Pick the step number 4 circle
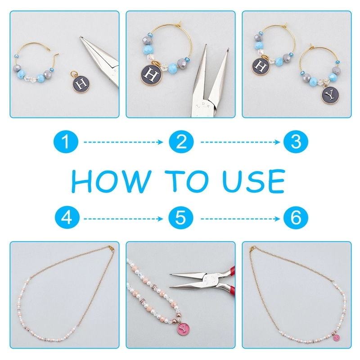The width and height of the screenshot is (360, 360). click(67, 217)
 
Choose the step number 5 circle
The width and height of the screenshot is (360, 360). click(181, 217)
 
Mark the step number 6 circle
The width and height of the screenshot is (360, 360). click(296, 217)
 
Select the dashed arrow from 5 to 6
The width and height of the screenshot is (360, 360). click(240, 219)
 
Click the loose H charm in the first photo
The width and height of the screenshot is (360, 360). click(81, 83)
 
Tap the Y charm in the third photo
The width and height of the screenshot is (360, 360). click(330, 94)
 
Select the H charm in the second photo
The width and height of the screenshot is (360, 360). click(151, 75)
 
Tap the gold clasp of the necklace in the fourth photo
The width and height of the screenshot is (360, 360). click(111, 248)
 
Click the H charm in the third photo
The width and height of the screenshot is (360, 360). click(261, 66)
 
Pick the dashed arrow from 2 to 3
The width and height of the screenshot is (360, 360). click(240, 142)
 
